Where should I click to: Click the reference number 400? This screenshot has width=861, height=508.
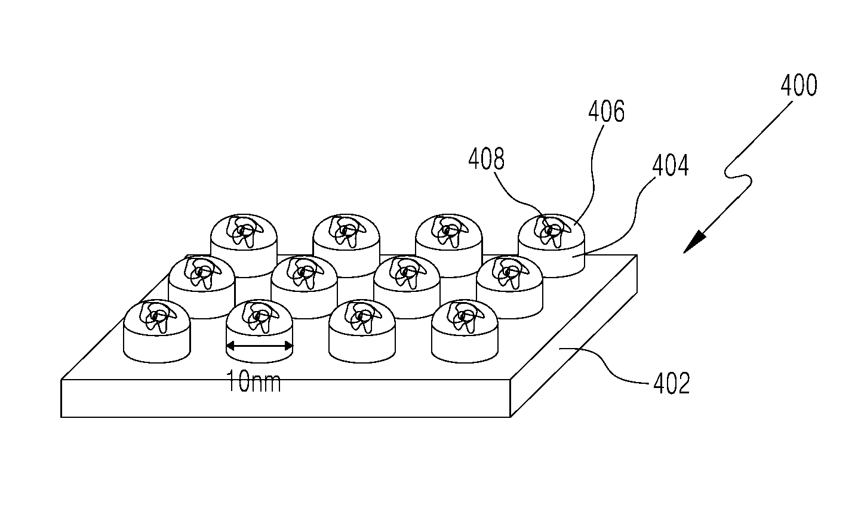798,85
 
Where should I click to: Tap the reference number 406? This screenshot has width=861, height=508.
606,111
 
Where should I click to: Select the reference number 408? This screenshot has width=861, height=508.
486,159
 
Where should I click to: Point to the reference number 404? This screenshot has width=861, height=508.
671,165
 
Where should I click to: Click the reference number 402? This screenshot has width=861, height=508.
672,383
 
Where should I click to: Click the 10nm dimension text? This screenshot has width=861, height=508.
254,381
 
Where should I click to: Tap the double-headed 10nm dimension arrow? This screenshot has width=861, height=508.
260,346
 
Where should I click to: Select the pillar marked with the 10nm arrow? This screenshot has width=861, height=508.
260,331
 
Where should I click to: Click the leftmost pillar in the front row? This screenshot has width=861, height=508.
157,331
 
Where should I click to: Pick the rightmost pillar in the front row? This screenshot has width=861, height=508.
465,331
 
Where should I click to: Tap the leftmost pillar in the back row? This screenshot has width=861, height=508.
244,246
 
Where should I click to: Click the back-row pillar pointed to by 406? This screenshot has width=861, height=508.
552,246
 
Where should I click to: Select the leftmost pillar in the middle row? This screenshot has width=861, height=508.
201,288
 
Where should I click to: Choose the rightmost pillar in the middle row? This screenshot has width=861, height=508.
510,288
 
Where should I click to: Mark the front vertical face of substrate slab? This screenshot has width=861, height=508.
285,399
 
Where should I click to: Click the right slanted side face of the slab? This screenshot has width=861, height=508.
574,336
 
